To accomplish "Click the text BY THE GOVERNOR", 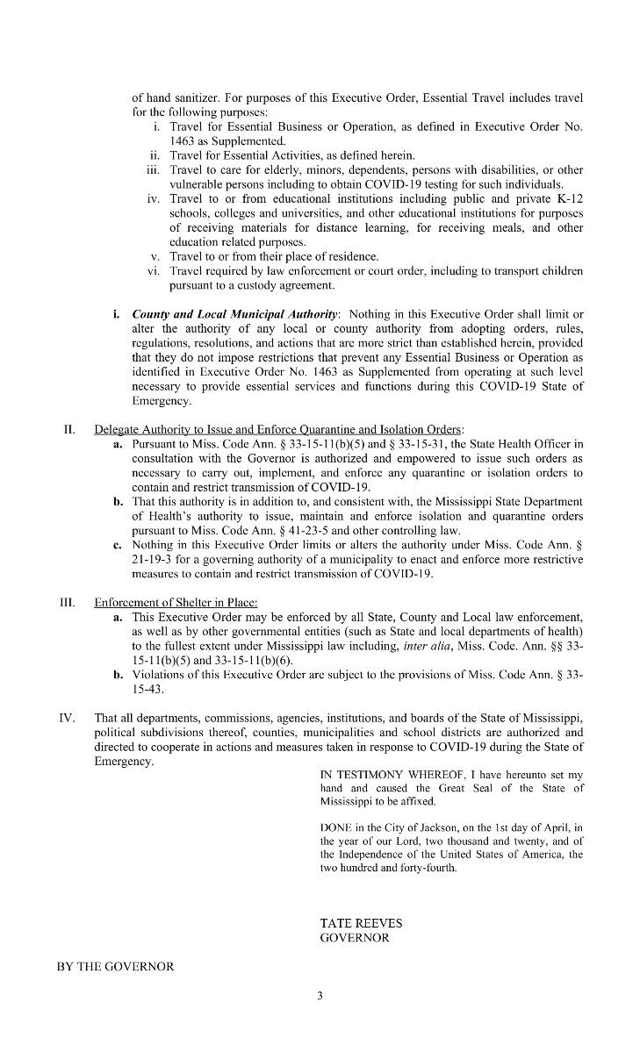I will point(116,966).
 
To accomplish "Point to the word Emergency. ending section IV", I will point(124,761).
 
